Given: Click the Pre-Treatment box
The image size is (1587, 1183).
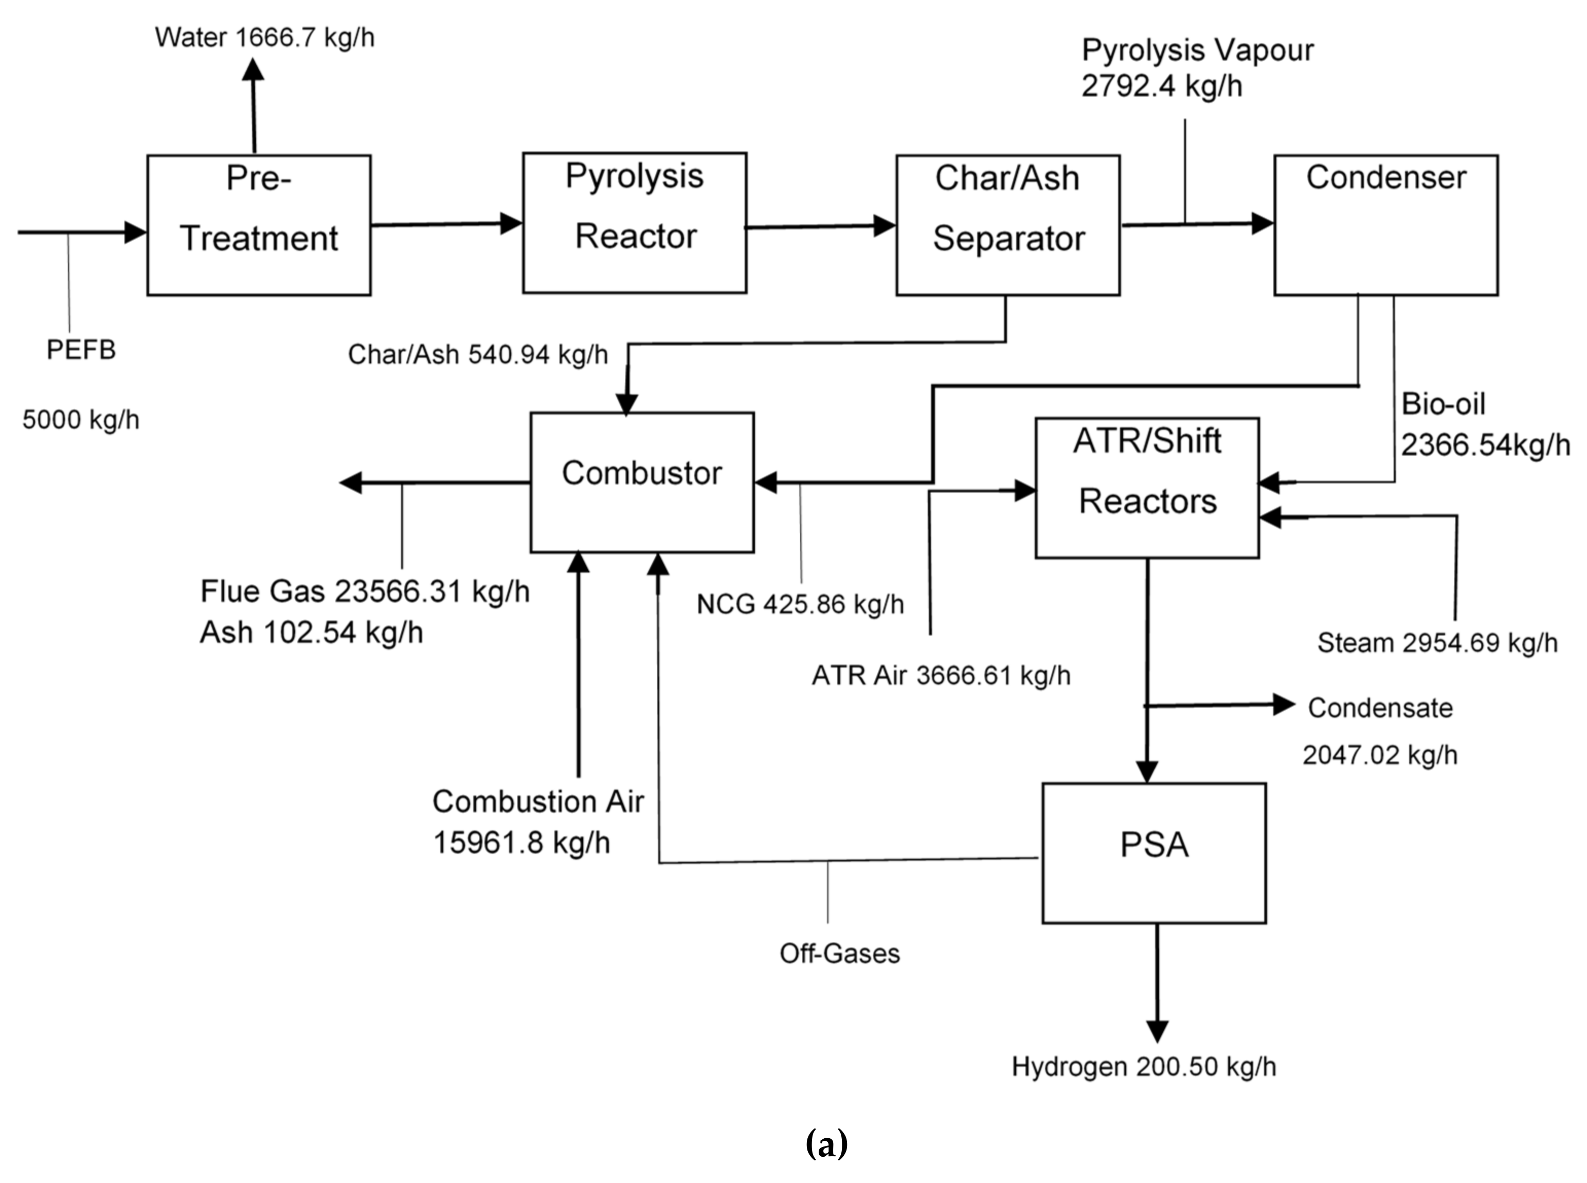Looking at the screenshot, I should [x=259, y=224].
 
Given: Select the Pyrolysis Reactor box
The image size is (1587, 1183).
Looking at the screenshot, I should [x=634, y=222].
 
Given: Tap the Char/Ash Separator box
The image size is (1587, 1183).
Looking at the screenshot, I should [x=1007, y=224].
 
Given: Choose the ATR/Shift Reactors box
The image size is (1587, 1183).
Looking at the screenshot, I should [x=1147, y=487].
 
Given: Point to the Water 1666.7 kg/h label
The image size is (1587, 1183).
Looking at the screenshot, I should [x=264, y=37].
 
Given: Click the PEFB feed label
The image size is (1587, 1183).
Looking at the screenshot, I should [x=81, y=349].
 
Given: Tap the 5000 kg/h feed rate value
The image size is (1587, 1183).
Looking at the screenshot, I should [x=81, y=420].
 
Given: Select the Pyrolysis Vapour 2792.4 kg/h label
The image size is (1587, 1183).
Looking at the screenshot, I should [x=1197, y=68].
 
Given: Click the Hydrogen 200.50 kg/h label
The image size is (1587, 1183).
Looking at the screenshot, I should [x=1143, y=1066].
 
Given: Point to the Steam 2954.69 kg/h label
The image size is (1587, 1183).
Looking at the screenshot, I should [x=1437, y=642].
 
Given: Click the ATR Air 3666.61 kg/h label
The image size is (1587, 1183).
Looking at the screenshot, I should [x=941, y=675].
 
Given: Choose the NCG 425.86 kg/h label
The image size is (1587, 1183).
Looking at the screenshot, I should [x=800, y=604].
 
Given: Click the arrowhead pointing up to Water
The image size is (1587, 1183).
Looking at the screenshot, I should [x=253, y=70].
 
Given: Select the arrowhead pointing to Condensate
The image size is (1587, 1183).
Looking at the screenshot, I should [x=1284, y=705].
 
